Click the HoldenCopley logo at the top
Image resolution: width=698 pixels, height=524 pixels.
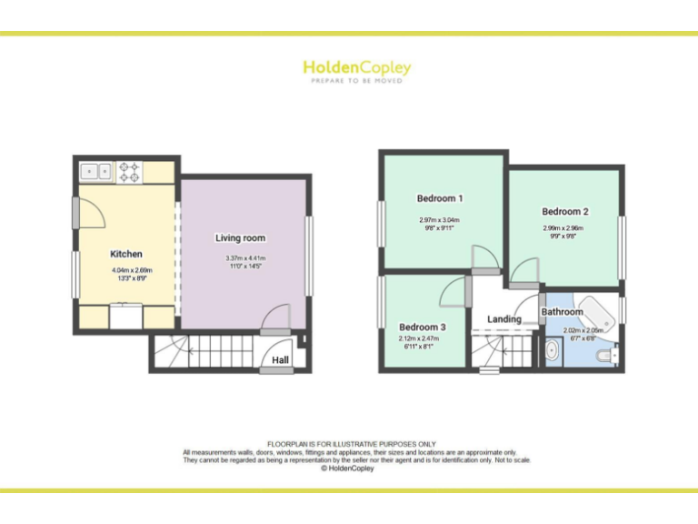356,70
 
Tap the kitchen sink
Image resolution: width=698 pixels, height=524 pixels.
95,169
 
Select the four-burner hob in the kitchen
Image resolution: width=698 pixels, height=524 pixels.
128,170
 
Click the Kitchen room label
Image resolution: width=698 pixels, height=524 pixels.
126,254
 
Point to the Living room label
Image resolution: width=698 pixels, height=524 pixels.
240,238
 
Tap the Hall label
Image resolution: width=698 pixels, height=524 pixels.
281,360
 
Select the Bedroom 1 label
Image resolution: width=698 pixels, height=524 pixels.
440,198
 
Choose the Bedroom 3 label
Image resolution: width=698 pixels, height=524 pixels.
423,327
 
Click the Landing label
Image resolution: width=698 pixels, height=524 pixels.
504,319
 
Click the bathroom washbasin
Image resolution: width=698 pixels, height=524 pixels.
553,349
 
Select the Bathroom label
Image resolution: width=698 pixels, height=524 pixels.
563,312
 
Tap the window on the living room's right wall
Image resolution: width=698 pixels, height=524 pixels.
309,255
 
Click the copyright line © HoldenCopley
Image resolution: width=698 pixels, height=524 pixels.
349,469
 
